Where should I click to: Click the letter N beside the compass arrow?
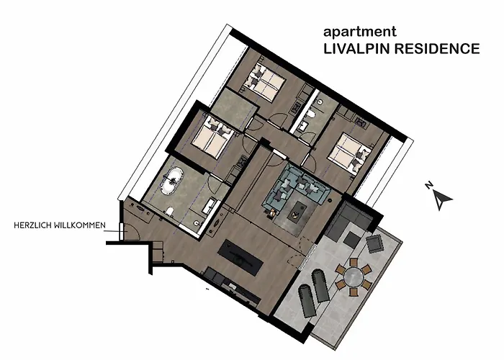coord(429,186)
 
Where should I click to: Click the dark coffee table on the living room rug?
coord(298,212)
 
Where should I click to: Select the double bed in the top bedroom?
coord(267,80)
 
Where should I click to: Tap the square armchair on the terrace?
coord(376,243)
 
